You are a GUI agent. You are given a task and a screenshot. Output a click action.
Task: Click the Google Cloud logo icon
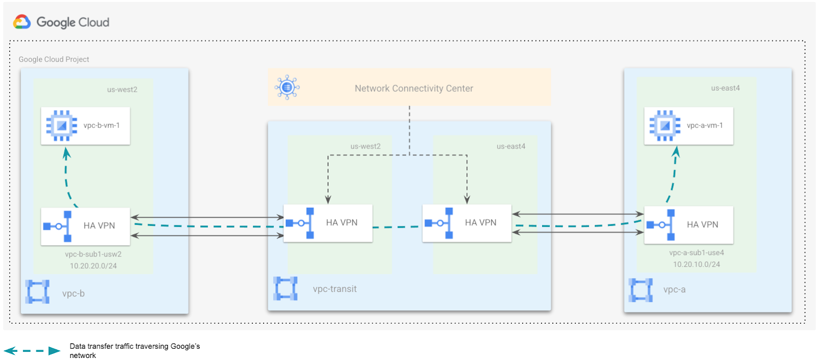[22, 22]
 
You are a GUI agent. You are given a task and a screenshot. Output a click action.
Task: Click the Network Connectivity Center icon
[287, 88]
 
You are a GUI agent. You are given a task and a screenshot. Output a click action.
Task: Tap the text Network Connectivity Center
[414, 89]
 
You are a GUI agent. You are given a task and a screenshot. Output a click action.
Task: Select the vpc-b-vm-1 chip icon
[61, 125]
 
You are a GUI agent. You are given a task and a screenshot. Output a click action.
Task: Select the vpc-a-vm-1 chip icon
[665, 125]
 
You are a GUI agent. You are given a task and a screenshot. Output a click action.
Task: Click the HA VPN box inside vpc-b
[85, 226]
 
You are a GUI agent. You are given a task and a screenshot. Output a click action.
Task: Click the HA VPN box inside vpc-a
[688, 225]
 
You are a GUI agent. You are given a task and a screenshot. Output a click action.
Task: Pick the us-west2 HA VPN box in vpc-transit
[328, 223]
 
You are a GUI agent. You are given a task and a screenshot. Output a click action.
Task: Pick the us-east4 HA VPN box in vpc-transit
[467, 223]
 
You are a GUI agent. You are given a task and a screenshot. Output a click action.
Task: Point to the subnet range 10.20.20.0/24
[93, 266]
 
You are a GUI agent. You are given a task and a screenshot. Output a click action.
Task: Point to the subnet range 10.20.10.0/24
[696, 264]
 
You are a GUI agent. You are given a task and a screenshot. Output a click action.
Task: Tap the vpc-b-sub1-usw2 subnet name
[93, 254]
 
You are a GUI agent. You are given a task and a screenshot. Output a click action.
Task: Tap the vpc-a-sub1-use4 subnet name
[696, 252]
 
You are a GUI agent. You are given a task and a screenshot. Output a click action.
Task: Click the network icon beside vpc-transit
[285, 288]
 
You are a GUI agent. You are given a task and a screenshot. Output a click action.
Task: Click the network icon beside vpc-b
[37, 292]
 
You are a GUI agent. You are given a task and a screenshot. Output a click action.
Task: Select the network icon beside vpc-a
[640, 290]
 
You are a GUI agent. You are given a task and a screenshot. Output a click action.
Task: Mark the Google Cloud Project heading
[54, 59]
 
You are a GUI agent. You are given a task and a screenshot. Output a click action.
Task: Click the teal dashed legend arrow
[32, 351]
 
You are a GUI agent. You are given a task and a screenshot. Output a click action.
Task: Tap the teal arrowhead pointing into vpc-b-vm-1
[67, 153]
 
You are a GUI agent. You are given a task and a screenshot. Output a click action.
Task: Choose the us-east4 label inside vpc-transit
[510, 146]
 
